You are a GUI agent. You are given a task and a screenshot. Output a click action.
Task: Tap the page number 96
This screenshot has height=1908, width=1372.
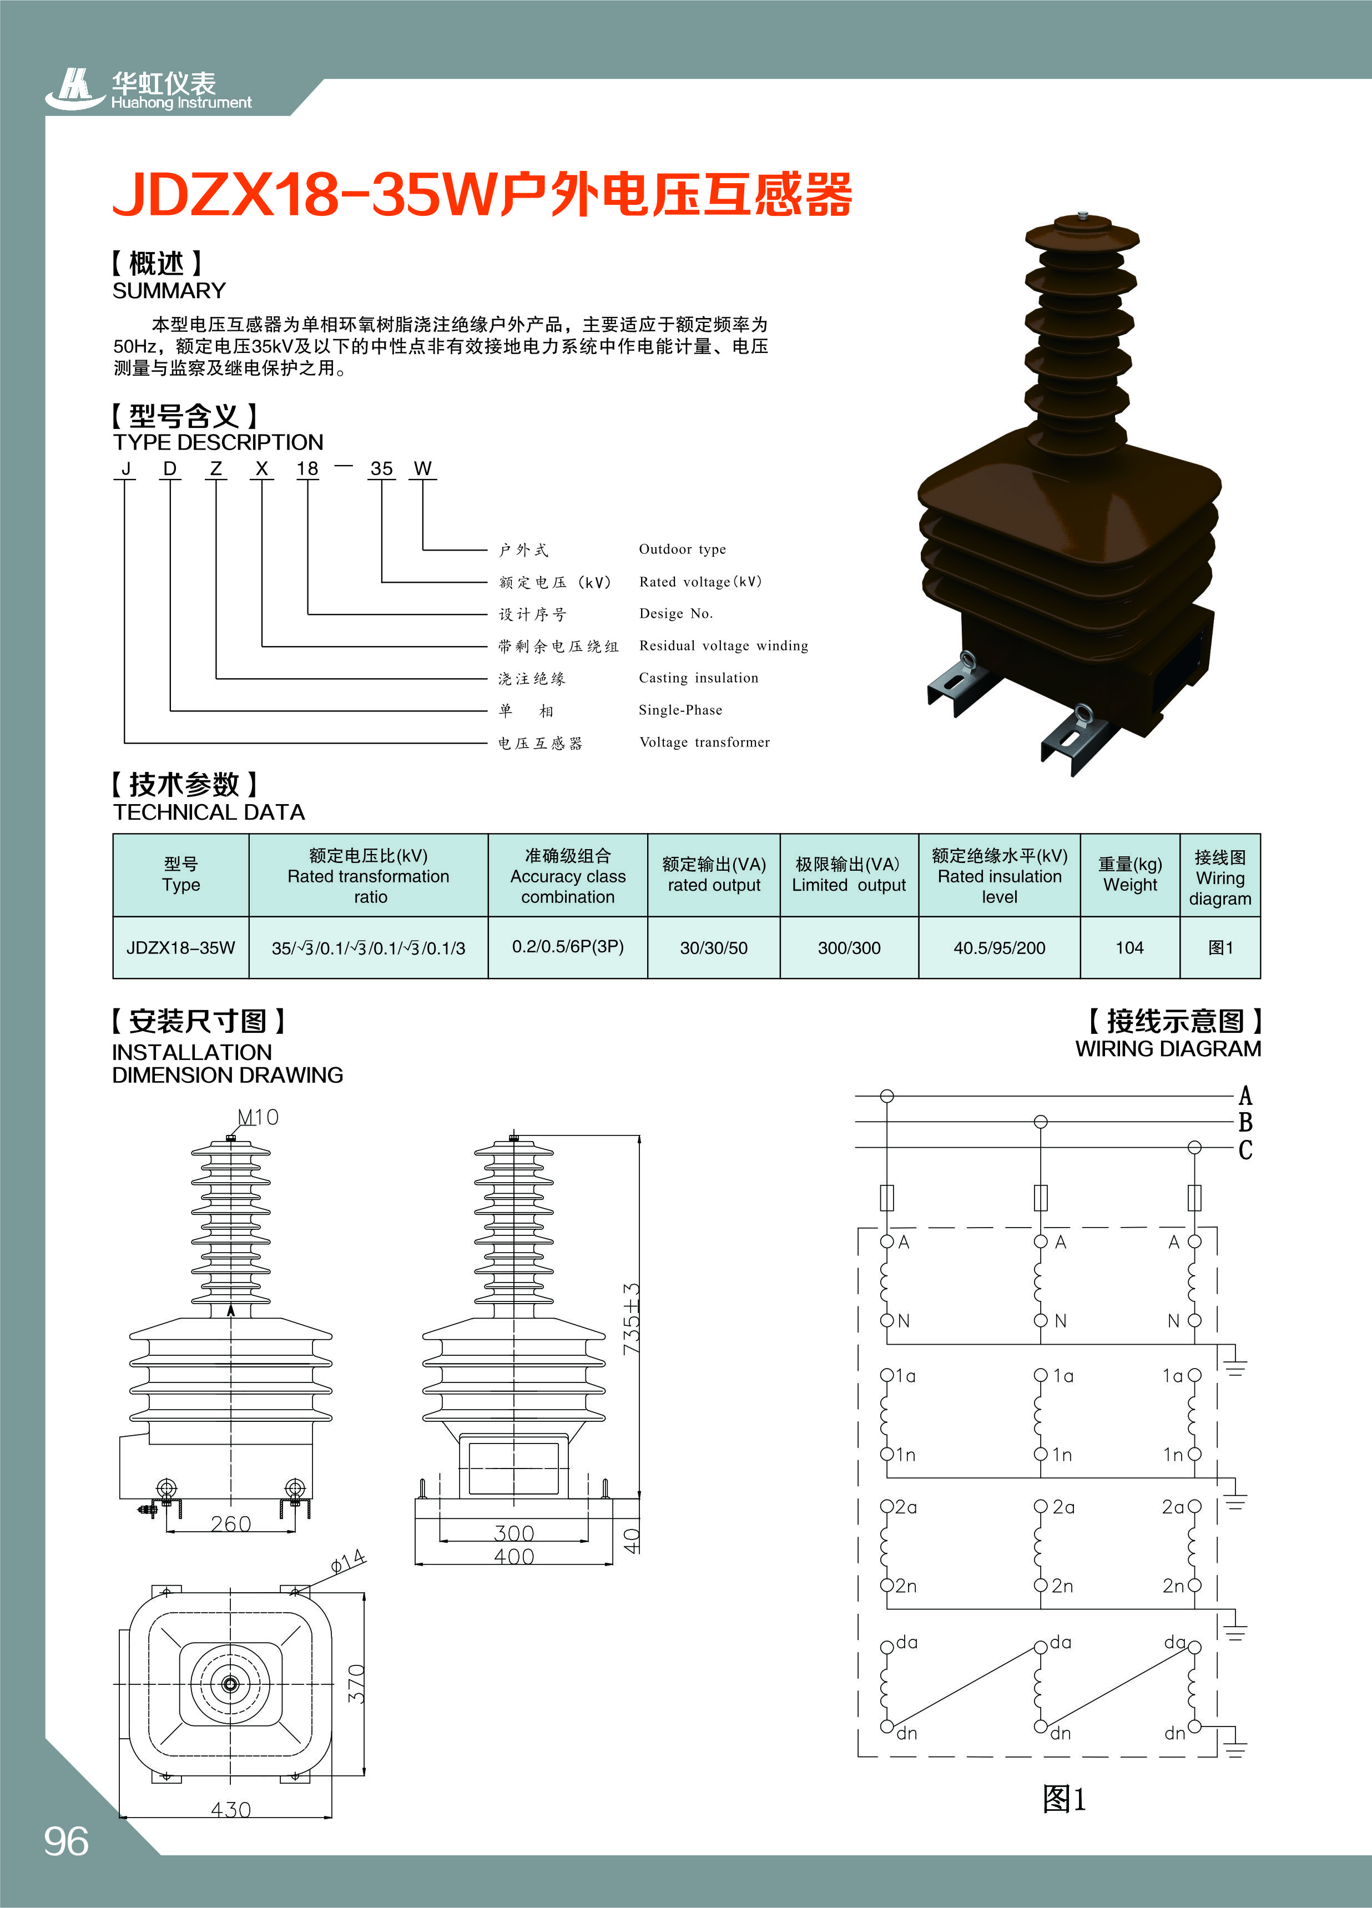[x=67, y=1841]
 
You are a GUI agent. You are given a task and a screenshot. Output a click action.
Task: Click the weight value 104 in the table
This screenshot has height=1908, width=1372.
[x=1129, y=948]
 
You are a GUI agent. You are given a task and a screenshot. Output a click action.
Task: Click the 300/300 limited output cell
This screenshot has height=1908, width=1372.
[x=849, y=948]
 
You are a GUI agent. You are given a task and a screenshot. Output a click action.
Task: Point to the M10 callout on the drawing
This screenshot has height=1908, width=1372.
[x=258, y=1117]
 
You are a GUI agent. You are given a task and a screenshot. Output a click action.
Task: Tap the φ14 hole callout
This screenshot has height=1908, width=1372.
[x=347, y=1561]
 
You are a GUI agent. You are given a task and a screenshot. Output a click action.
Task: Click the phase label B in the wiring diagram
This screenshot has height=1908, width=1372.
[x=1245, y=1122]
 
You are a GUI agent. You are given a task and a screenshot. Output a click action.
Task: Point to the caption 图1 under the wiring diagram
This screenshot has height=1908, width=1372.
[x=1064, y=1799]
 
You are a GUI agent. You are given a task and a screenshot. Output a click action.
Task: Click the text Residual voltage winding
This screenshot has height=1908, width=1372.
[x=723, y=645]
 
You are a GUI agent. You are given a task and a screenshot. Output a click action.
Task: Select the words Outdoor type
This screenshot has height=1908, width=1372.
[x=682, y=549]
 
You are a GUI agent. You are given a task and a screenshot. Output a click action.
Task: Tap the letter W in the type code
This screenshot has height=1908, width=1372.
[x=422, y=468]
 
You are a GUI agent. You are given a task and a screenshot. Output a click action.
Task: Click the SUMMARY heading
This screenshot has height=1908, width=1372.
[x=169, y=290]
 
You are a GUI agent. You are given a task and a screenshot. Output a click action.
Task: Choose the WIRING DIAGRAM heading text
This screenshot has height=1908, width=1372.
[x=1168, y=1049]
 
